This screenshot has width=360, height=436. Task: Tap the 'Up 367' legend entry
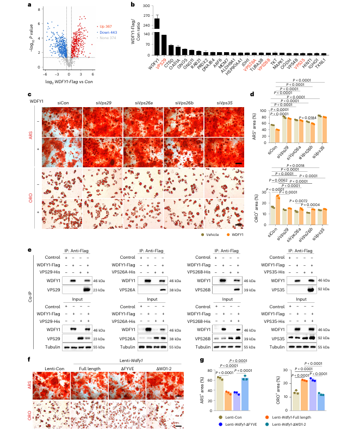[x=104, y=26]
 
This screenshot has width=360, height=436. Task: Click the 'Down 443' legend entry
[x=107, y=32]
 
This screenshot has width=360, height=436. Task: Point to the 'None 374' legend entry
[x=106, y=38]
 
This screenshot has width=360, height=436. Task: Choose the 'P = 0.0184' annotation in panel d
[x=307, y=117]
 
